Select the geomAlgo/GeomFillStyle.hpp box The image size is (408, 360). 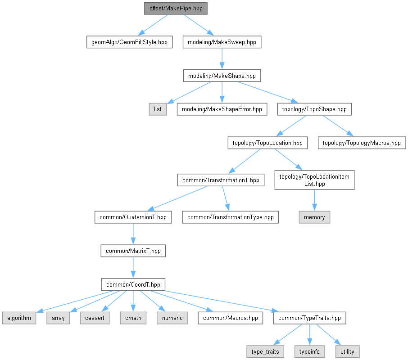click(x=129, y=42)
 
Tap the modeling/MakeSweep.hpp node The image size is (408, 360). click(x=222, y=42)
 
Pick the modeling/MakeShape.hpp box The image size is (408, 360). click(x=222, y=76)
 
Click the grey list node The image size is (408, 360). click(x=158, y=109)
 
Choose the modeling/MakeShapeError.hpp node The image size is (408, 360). click(x=222, y=109)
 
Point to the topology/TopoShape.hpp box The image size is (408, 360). click(x=314, y=109)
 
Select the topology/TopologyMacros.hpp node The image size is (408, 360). click(x=362, y=143)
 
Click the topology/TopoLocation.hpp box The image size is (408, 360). click(x=267, y=143)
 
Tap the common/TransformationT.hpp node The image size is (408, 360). click(x=221, y=180)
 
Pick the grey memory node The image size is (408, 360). click(x=314, y=217)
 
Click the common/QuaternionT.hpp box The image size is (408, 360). click(x=133, y=217)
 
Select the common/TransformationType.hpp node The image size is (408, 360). click(x=230, y=217)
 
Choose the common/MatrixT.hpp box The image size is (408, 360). click(x=133, y=251)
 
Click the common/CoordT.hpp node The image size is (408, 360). click(x=133, y=284)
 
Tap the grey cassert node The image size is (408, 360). click(x=95, y=318)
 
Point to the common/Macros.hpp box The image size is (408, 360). click(x=230, y=318)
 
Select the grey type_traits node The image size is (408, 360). click(x=265, y=351)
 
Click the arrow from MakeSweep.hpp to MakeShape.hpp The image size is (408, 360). click(x=222, y=59)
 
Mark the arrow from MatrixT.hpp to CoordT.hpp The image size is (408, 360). click(x=133, y=268)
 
